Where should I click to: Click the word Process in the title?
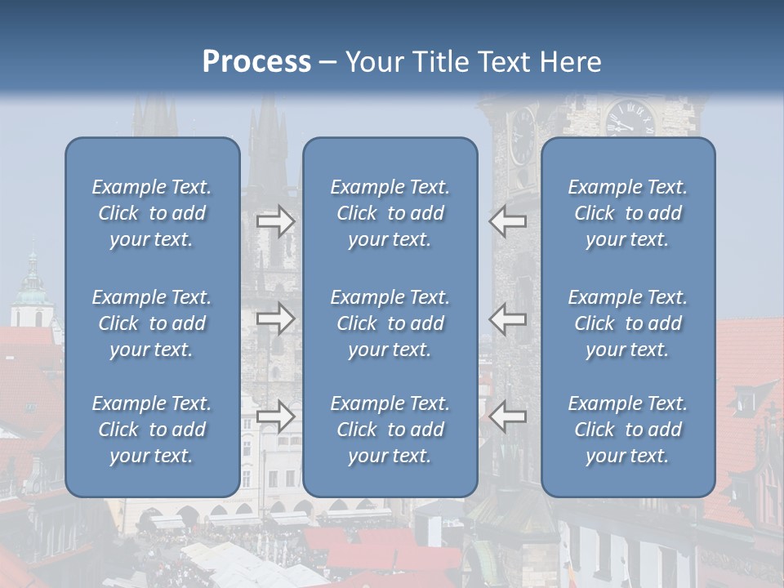[256, 62]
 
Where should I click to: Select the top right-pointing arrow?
[276, 220]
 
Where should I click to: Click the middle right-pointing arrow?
[276, 318]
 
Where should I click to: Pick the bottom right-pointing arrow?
[276, 416]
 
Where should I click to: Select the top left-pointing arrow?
[507, 220]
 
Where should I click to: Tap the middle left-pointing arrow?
[507, 318]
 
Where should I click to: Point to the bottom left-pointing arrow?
[507, 416]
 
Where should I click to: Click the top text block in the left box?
[152, 213]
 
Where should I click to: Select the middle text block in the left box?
[152, 323]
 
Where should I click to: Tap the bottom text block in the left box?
[152, 430]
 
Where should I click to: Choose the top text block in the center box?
[390, 213]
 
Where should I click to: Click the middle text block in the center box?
[390, 323]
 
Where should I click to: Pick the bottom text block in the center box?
[390, 430]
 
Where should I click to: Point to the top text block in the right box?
[627, 213]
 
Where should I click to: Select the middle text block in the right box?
[627, 323]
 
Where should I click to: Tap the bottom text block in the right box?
[627, 430]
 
